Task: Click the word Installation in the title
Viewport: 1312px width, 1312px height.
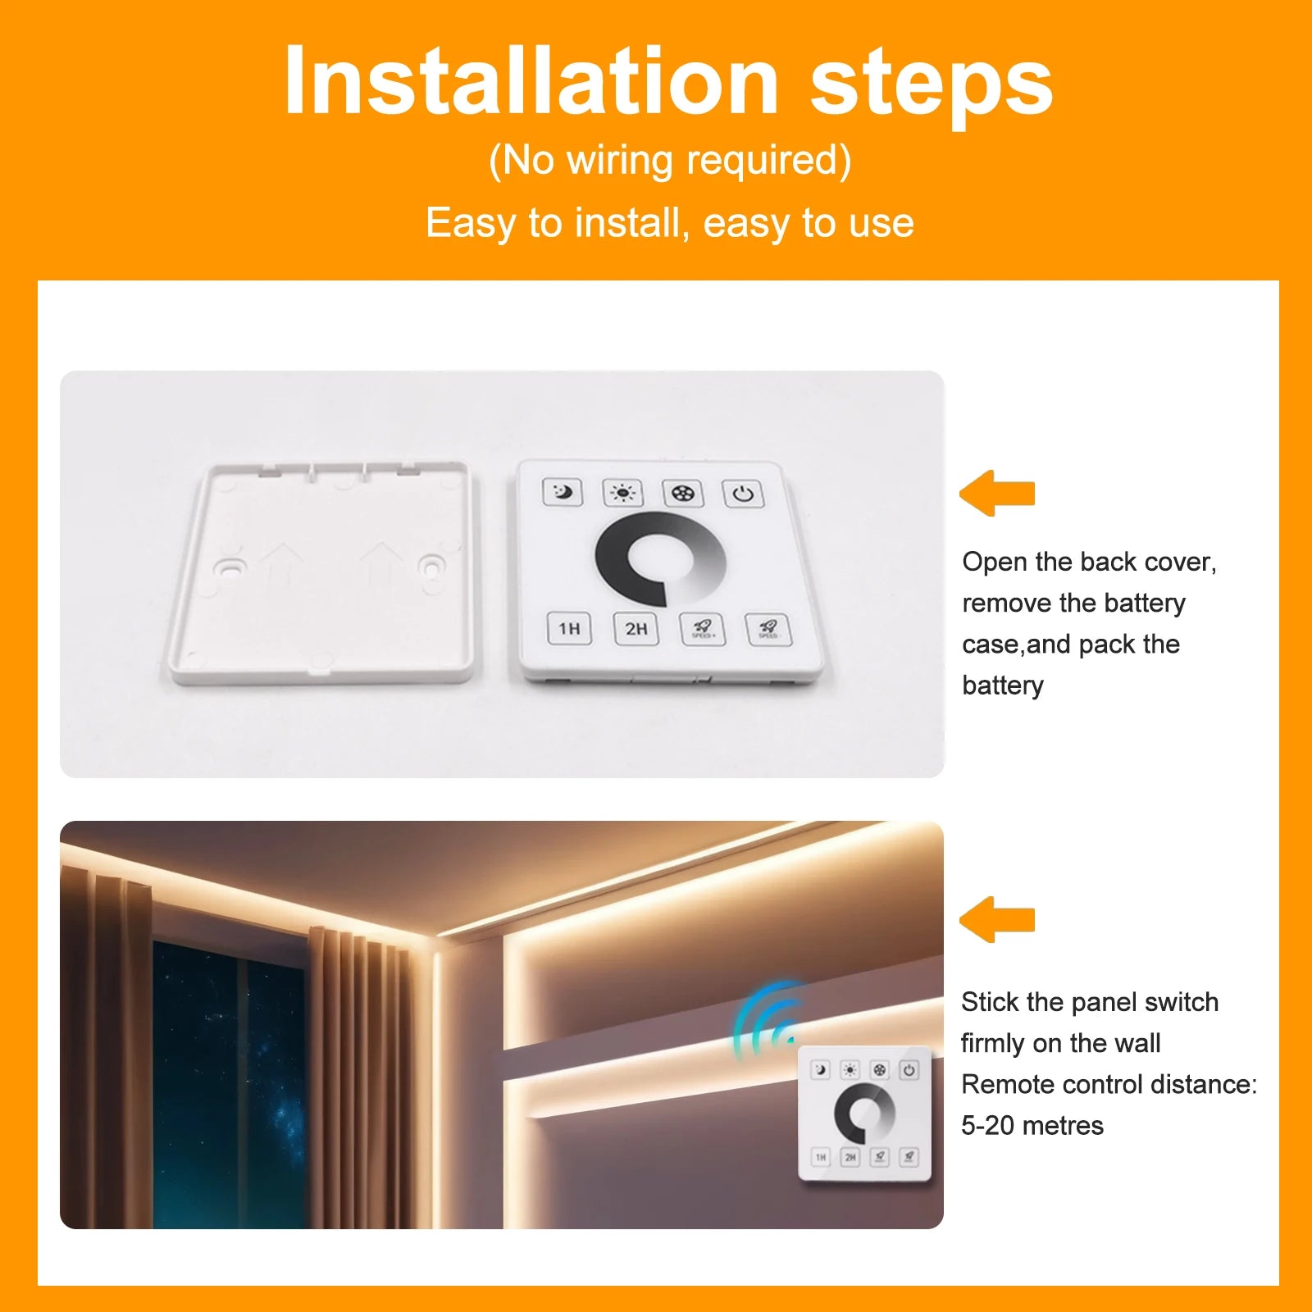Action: pyautogui.click(x=531, y=80)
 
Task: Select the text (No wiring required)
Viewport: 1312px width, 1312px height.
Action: pyautogui.click(x=670, y=160)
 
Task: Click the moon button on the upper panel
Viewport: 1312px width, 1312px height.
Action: pyautogui.click(x=563, y=492)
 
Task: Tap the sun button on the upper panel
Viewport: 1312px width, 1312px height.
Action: pyautogui.click(x=623, y=493)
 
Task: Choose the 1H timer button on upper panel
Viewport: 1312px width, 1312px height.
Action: pyautogui.click(x=569, y=629)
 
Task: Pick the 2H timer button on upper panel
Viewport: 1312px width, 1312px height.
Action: pyautogui.click(x=636, y=629)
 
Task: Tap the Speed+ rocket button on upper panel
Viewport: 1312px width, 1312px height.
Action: pyautogui.click(x=703, y=630)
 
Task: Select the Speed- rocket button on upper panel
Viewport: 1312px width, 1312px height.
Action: pyautogui.click(x=768, y=630)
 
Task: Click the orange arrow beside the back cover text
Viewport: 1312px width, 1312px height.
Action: pyautogui.click(x=997, y=493)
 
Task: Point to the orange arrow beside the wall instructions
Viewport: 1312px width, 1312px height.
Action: pyautogui.click(x=997, y=919)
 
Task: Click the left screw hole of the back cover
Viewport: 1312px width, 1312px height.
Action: pyautogui.click(x=229, y=567)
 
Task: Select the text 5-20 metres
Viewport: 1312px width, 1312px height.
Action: pyautogui.click(x=1032, y=1125)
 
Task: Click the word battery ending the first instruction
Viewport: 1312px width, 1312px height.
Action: pyautogui.click(x=1003, y=686)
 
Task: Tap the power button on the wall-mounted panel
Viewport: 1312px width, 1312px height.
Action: pyautogui.click(x=909, y=1070)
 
